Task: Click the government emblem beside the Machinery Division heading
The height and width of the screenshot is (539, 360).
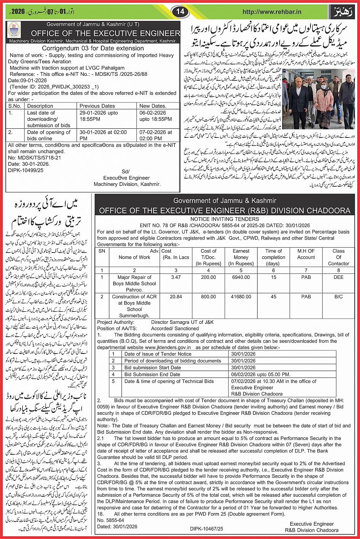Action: pos(14,30)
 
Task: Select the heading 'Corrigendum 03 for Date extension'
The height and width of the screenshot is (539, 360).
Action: pos(93,48)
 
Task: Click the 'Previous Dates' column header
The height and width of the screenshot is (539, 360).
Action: pos(97,106)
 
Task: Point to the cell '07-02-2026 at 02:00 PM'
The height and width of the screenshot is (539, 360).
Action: pos(155,135)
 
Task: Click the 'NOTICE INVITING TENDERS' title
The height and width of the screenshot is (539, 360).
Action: pos(224,219)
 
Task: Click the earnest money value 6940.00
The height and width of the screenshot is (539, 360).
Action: pos(241,277)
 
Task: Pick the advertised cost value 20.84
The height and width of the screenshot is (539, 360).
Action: pos(176,296)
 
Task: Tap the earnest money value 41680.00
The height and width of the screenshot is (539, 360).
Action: pos(241,296)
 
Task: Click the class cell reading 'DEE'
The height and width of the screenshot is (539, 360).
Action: pos(338,277)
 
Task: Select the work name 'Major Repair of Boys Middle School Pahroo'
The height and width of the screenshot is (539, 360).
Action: pos(134,283)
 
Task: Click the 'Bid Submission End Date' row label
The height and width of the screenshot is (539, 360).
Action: pos(152,374)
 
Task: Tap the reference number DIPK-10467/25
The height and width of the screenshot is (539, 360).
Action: pos(207,529)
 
